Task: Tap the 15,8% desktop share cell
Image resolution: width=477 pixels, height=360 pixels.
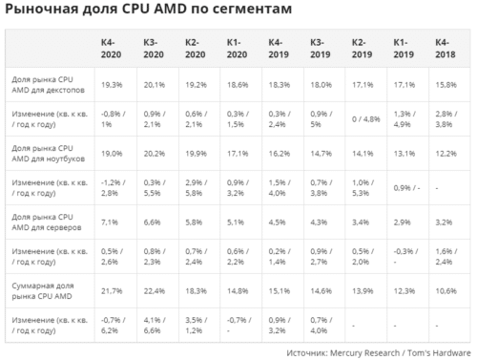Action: point(446,84)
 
